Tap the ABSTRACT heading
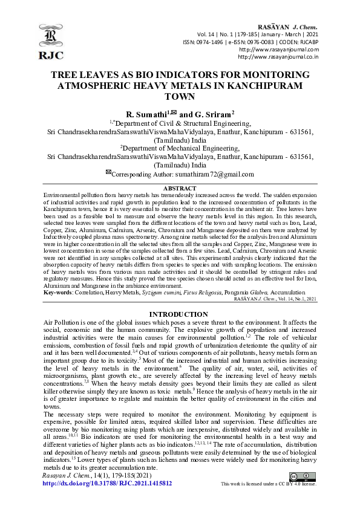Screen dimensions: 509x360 (180, 189)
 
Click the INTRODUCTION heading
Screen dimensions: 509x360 (180, 315)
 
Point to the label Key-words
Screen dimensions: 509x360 (57, 292)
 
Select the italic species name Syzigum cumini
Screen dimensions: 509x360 (159, 292)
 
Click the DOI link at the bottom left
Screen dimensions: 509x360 (108, 484)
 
